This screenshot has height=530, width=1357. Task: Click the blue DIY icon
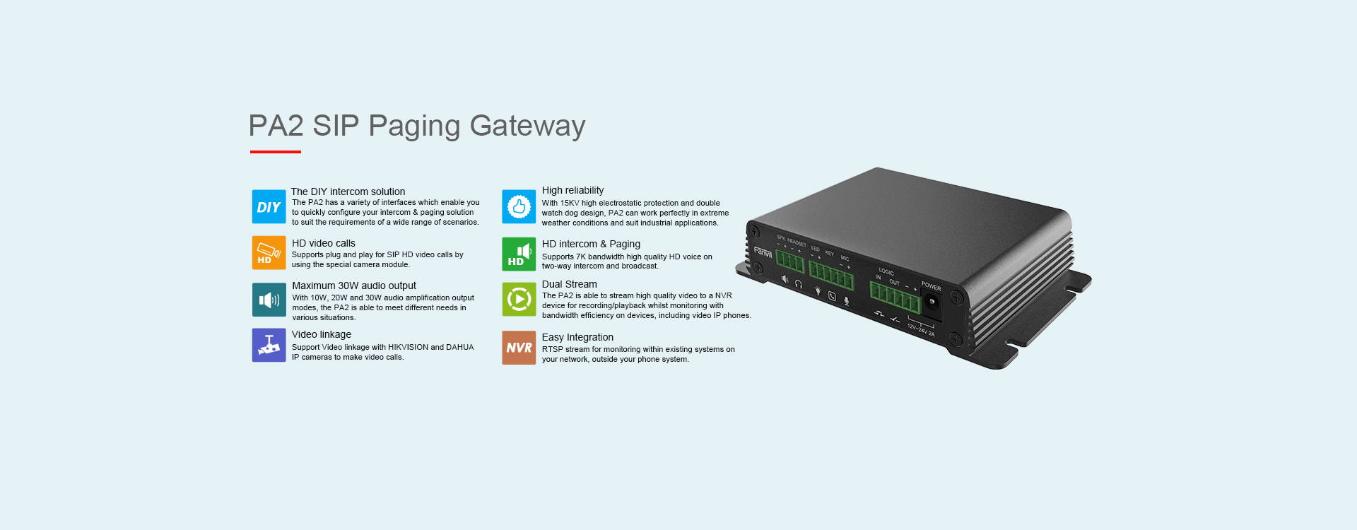(x=269, y=207)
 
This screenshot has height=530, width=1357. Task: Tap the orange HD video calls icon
(x=269, y=253)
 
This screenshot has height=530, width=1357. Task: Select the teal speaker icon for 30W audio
(x=269, y=300)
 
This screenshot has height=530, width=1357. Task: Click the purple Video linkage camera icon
(x=269, y=345)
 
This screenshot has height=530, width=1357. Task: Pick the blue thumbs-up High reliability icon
(x=519, y=207)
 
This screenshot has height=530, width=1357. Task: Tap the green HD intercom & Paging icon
(x=519, y=254)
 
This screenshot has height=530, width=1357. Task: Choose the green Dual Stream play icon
(x=519, y=300)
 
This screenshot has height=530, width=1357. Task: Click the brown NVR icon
(x=519, y=348)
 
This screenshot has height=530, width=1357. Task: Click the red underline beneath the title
(x=276, y=152)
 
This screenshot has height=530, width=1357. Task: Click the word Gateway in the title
(x=527, y=126)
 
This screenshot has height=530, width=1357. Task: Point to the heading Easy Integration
(x=577, y=337)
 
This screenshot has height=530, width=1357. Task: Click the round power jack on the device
(x=932, y=302)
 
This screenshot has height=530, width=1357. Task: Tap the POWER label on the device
(x=931, y=287)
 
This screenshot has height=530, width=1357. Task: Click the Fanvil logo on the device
(x=763, y=252)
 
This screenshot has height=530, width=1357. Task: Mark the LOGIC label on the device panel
(x=886, y=272)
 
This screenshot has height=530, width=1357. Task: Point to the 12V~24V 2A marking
(x=921, y=330)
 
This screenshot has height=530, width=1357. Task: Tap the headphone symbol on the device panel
(x=799, y=284)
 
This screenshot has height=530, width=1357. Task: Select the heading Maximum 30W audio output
(x=354, y=285)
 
